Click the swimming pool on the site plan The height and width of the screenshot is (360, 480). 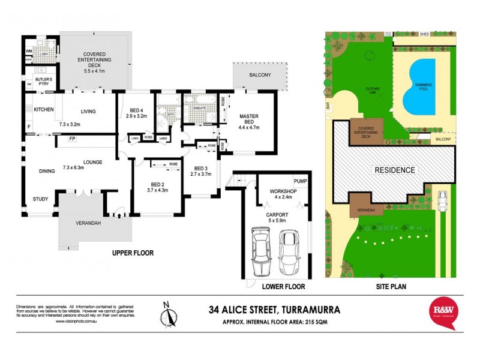(424, 87)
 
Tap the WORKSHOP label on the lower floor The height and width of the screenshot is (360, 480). (277, 191)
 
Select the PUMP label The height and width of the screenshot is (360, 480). (300, 181)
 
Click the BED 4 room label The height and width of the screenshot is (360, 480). (137, 109)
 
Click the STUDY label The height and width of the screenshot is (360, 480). (41, 200)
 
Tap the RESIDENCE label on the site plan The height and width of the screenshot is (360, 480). (394, 170)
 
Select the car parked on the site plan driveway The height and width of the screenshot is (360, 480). (443, 201)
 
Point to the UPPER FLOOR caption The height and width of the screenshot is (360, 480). (133, 253)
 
